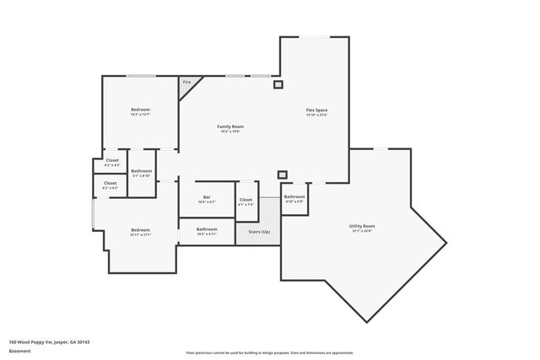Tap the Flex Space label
(x=316, y=110)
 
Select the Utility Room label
(x=362, y=226)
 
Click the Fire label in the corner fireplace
(x=186, y=83)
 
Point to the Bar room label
(x=207, y=199)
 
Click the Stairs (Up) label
(x=259, y=232)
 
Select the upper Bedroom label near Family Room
(x=140, y=110)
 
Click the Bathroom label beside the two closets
(x=141, y=172)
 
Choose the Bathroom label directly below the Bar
(x=207, y=228)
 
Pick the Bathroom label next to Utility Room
(x=294, y=197)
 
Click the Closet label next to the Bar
(x=246, y=200)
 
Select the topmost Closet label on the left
(x=111, y=161)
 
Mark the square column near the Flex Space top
(x=278, y=83)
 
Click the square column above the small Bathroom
(x=283, y=175)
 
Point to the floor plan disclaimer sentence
(x=270, y=352)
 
